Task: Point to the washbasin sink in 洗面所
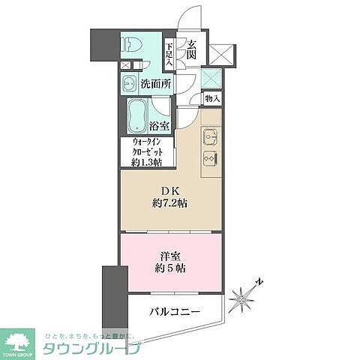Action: tap(128, 83)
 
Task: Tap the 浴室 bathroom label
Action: tap(160, 126)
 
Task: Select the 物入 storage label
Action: tap(212, 98)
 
